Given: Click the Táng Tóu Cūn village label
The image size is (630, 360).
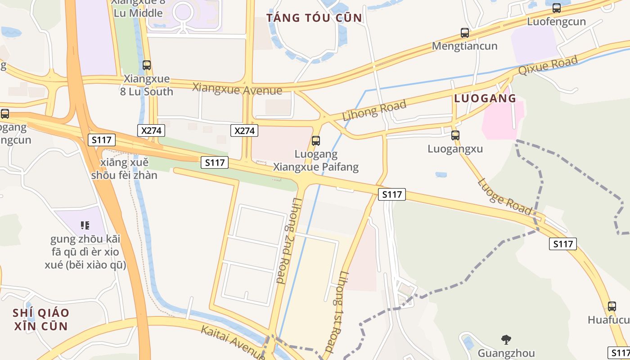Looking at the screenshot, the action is [314, 18].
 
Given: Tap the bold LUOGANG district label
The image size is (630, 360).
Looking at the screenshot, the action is [485, 99].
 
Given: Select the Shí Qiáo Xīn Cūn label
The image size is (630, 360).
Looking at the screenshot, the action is [41, 319].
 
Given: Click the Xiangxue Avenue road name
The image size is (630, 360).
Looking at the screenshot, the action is [237, 88].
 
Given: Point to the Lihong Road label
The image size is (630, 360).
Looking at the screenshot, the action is [374, 111].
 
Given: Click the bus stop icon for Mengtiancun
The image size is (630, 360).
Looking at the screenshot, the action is [465, 33].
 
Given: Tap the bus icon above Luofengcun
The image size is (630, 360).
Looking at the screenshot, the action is [557, 8].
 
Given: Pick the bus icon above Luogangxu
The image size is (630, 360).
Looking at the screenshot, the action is [455, 135].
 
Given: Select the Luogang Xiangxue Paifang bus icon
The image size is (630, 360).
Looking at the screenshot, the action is [316, 141].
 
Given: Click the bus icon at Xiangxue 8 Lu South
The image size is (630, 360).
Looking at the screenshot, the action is [147, 65].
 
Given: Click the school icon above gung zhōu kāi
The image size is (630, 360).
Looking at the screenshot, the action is [85, 225].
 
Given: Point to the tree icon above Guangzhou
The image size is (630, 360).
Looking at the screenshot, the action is [506, 340].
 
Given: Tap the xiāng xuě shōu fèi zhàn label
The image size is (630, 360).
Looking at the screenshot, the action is [125, 169].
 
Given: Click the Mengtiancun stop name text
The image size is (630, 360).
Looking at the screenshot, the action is [465, 46].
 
